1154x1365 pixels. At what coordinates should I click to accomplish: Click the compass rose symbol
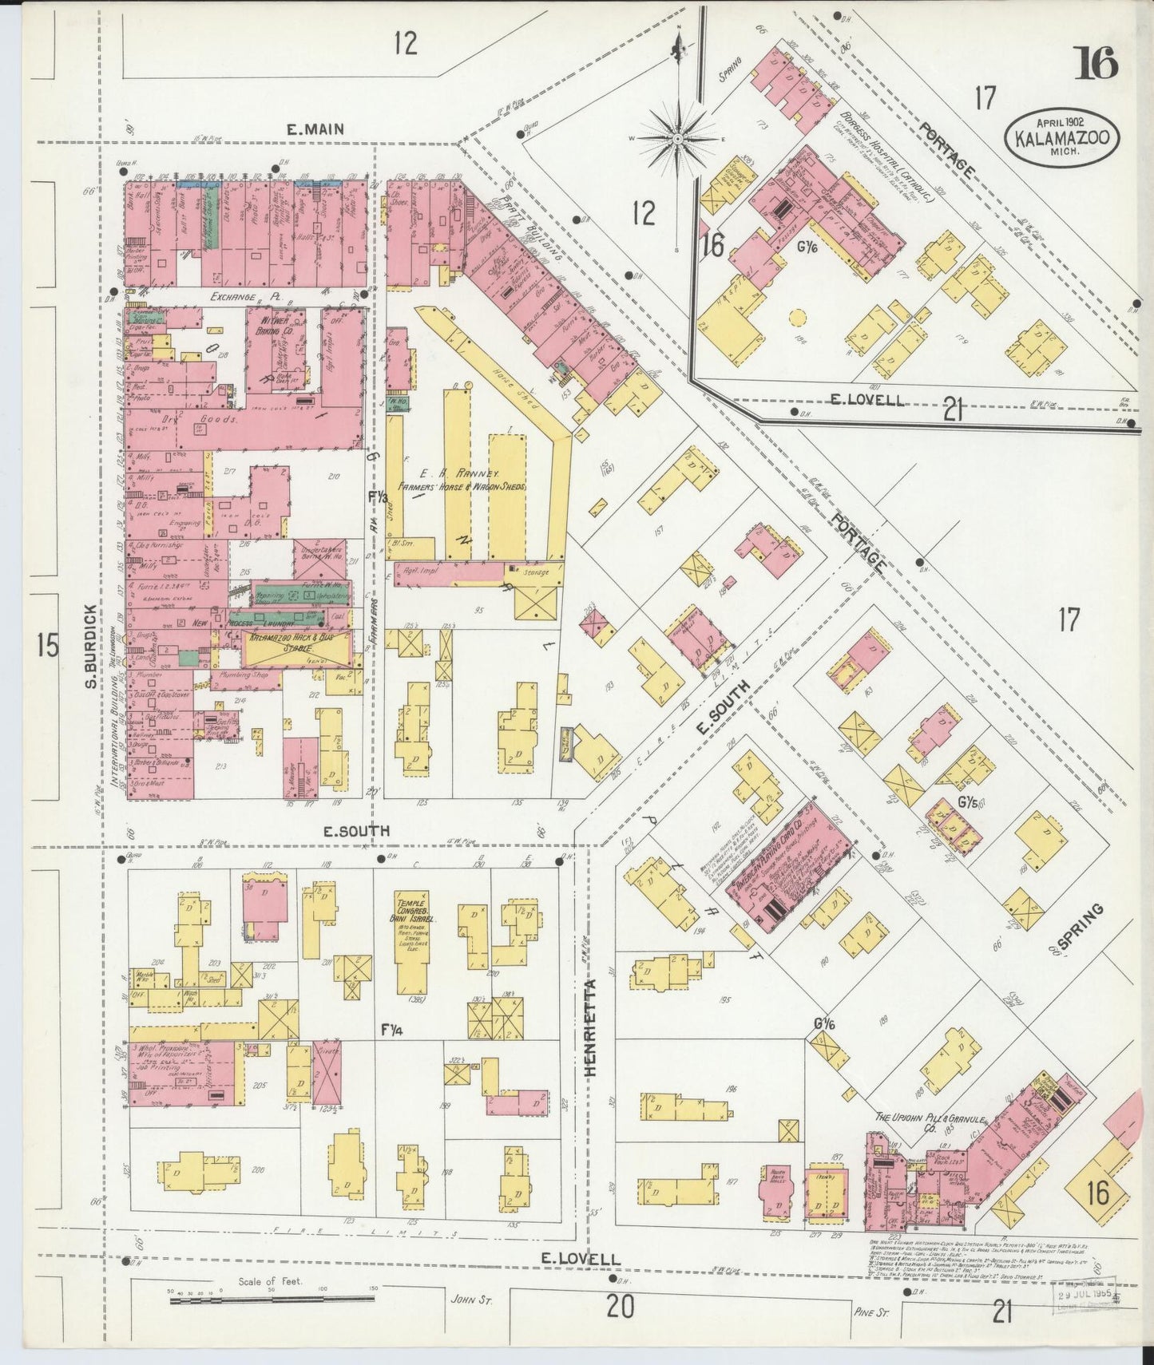[677, 137]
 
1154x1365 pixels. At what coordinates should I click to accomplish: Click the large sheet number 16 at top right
[1096, 64]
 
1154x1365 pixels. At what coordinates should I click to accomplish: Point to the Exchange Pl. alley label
[237, 297]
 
